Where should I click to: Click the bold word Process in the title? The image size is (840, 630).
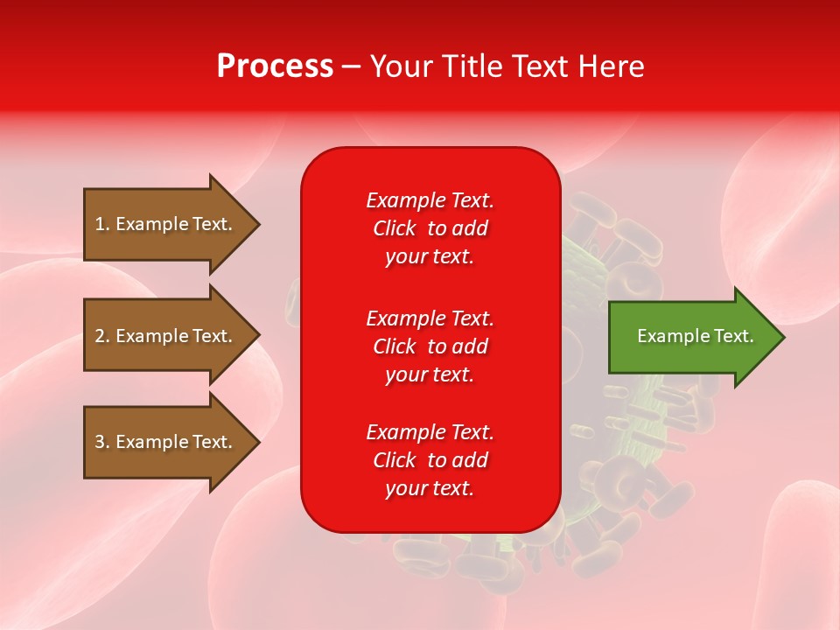[275, 66]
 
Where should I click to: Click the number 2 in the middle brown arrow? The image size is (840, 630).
[100, 336]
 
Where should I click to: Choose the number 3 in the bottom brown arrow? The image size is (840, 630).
[100, 442]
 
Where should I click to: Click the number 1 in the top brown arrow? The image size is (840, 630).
[100, 224]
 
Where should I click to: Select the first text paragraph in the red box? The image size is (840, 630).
[430, 228]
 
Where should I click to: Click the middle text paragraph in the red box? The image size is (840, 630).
[430, 346]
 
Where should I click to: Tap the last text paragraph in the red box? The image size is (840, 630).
[430, 460]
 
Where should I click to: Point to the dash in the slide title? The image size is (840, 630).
[351, 67]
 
